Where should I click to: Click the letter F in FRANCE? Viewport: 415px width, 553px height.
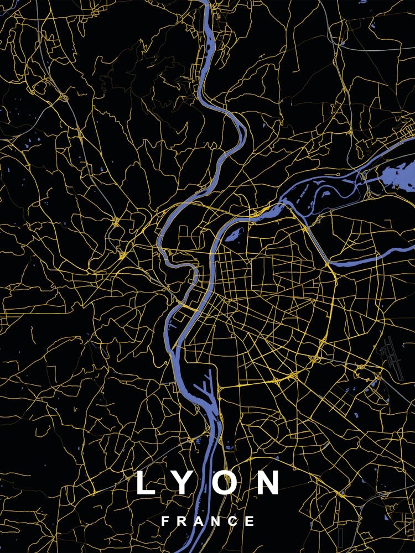pyautogui.click(x=165, y=521)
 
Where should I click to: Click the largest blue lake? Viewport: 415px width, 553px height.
pyautogui.click(x=397, y=174)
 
